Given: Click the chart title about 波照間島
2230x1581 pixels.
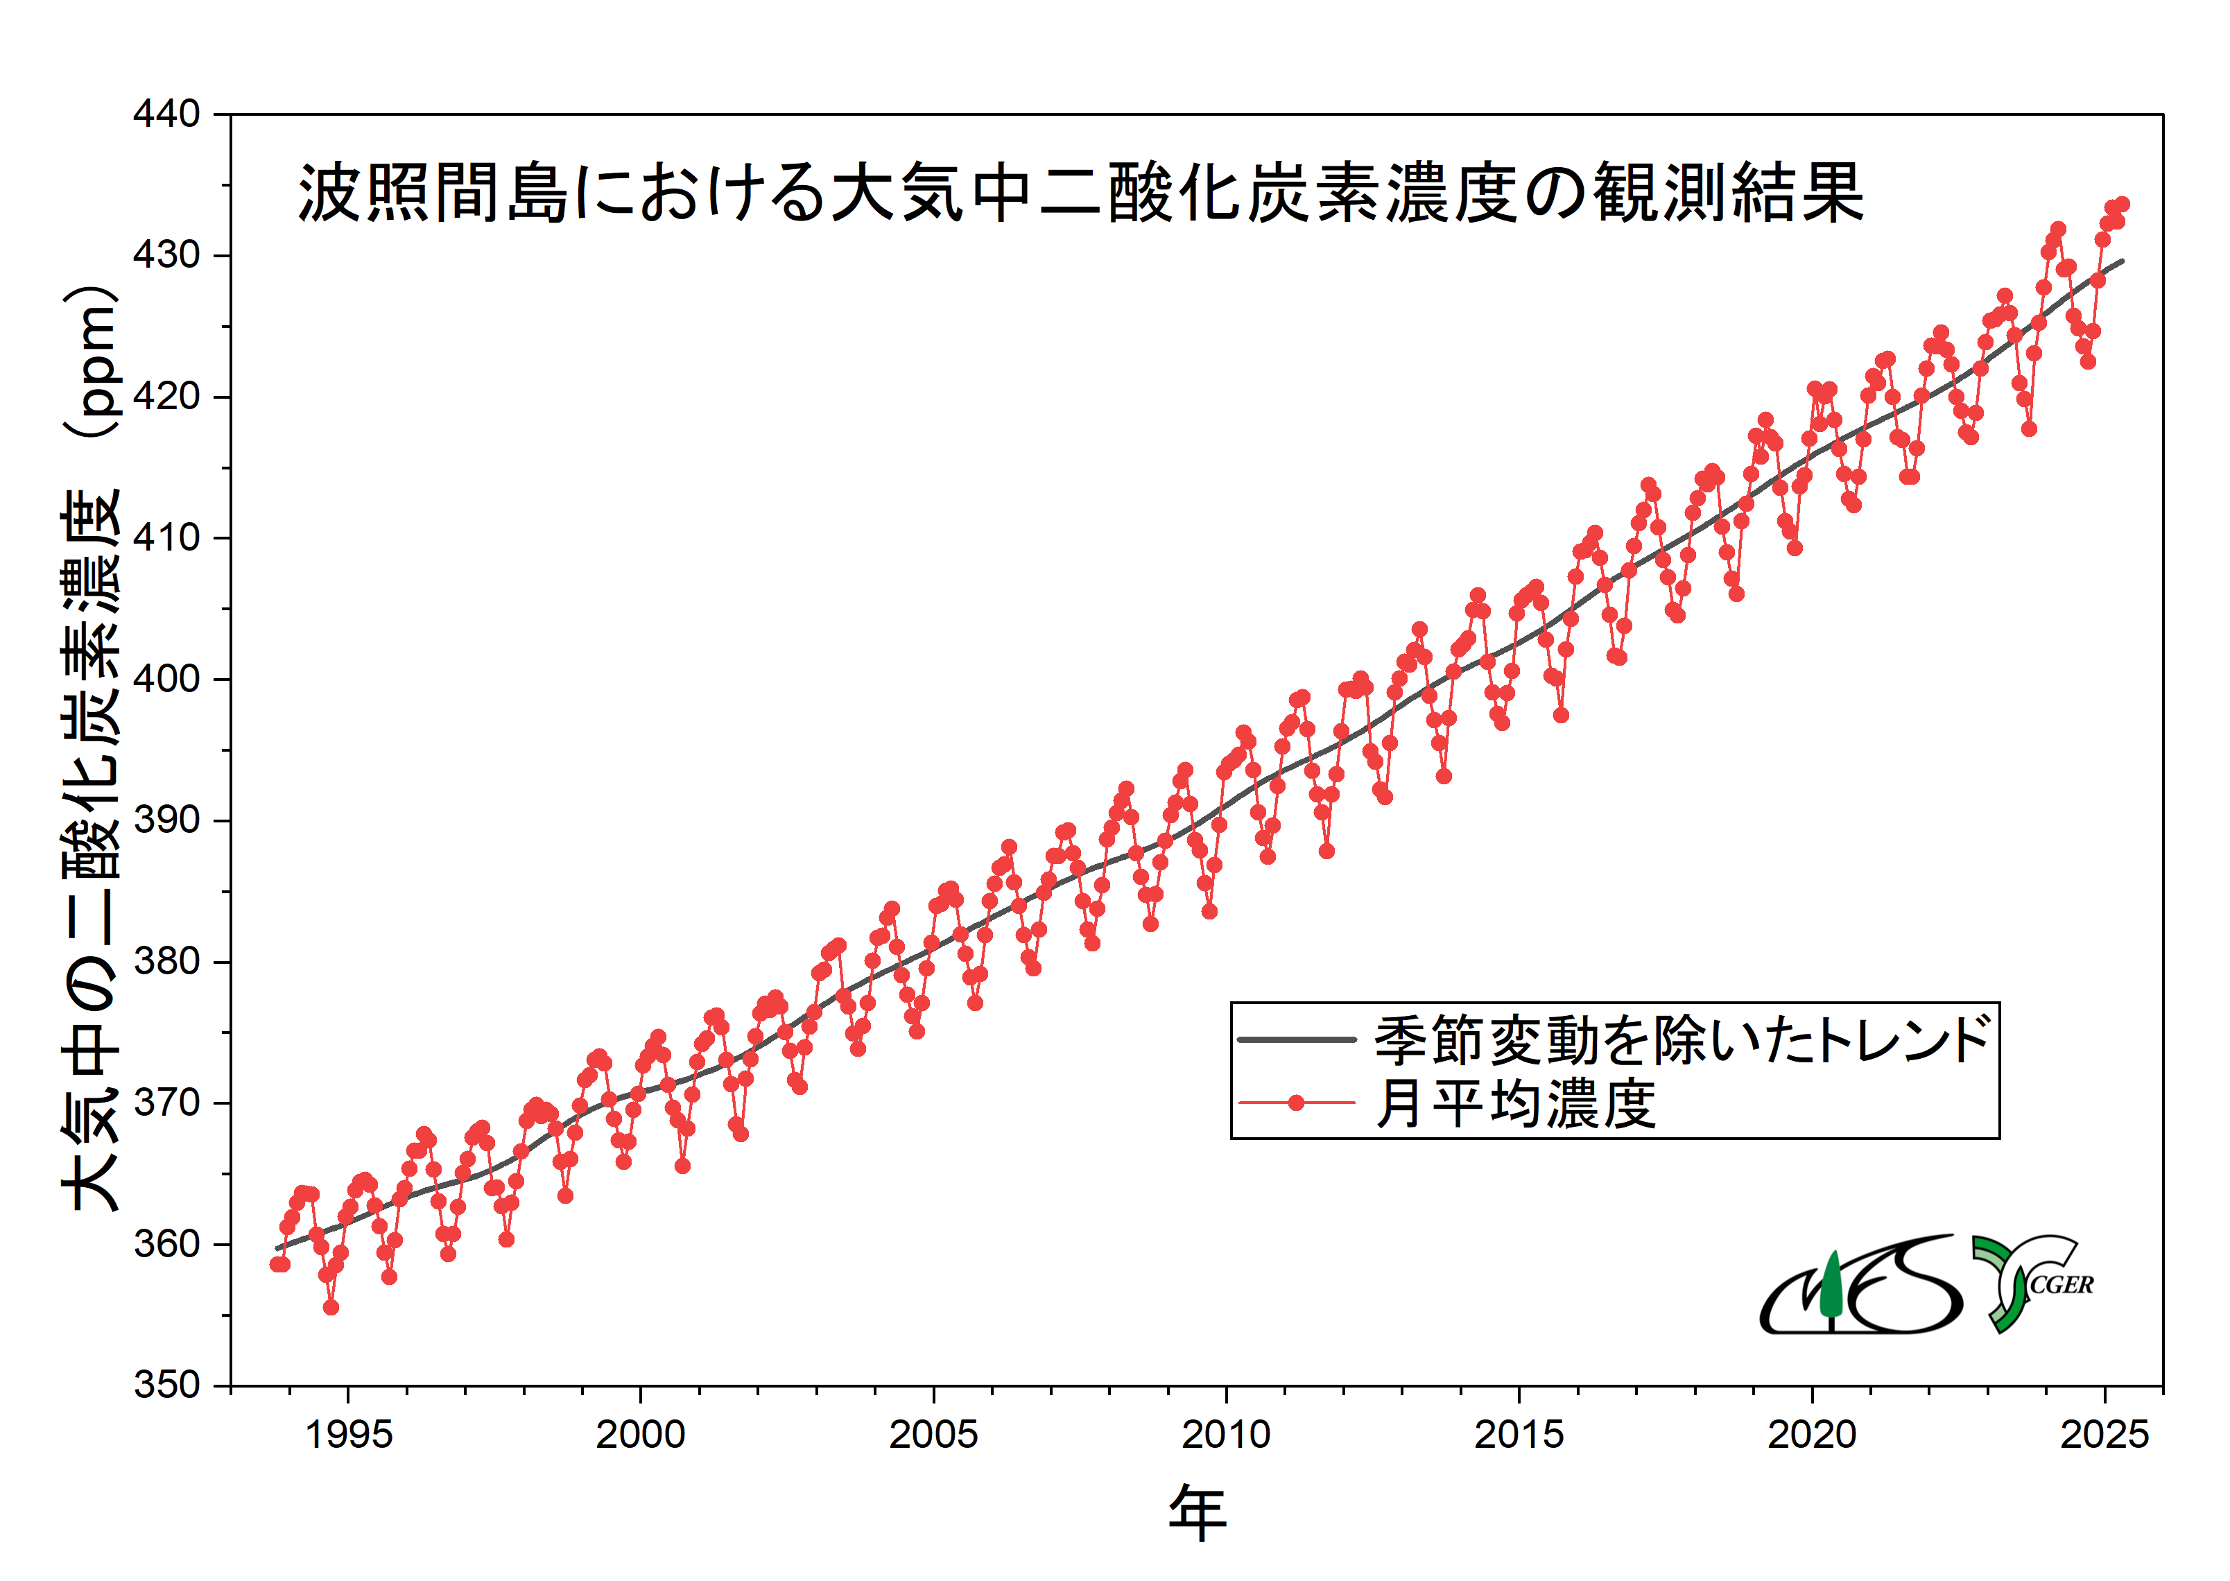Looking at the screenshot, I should point(1080,193).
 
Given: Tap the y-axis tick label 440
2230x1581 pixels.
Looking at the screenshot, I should point(166,114).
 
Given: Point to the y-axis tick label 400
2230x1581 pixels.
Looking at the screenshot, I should point(166,679).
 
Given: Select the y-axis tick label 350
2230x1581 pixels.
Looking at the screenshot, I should point(166,1384).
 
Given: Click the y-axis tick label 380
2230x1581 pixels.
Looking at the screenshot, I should point(166,961).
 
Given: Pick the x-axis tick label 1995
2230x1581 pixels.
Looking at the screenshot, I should point(349,1435).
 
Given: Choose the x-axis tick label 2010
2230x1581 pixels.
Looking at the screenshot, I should point(1225,1435).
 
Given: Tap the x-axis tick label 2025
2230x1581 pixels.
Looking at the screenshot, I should point(2104,1435).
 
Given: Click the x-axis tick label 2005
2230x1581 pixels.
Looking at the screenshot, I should point(933,1435).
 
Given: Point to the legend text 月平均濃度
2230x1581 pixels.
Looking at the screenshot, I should point(1514,1104).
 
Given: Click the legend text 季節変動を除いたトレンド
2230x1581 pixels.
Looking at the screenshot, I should point(1682,1039).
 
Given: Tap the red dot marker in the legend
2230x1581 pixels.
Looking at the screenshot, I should point(1295,1103).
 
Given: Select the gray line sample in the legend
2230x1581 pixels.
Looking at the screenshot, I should point(1295,1039).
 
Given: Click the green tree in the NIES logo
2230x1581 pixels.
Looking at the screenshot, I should point(1831,1285).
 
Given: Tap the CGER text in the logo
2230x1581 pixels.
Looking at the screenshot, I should point(2061,1285).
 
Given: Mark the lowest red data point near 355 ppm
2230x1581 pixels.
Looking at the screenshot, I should point(331,1307).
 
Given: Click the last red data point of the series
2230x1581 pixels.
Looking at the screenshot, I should point(2122,205).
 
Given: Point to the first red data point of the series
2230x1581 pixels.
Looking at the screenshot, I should point(277,1263).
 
